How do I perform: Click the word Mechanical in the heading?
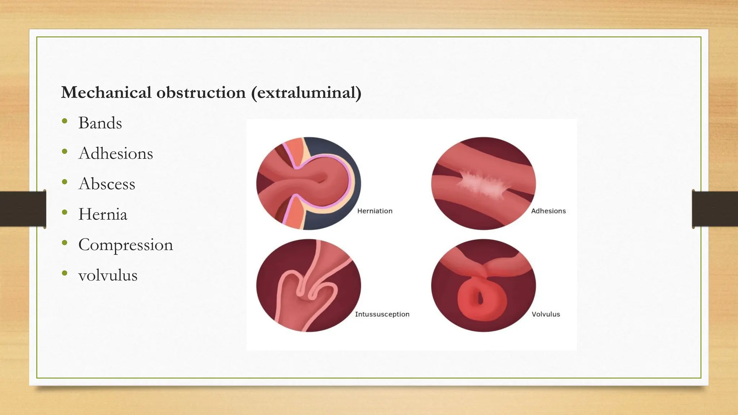[106, 93]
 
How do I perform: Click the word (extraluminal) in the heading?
[306, 93]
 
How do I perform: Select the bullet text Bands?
[100, 123]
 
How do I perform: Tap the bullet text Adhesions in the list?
[115, 153]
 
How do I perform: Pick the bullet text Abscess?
[107, 184]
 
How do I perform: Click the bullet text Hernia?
[103, 214]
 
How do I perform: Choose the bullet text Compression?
[125, 245]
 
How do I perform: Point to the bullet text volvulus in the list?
[108, 276]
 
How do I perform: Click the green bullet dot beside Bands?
[65, 121]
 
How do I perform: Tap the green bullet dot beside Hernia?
[65, 213]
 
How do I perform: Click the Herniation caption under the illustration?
[375, 211]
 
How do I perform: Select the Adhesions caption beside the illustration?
[548, 211]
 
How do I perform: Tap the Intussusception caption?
[382, 314]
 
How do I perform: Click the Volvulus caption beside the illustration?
[546, 314]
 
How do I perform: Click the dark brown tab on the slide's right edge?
[715, 209]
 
